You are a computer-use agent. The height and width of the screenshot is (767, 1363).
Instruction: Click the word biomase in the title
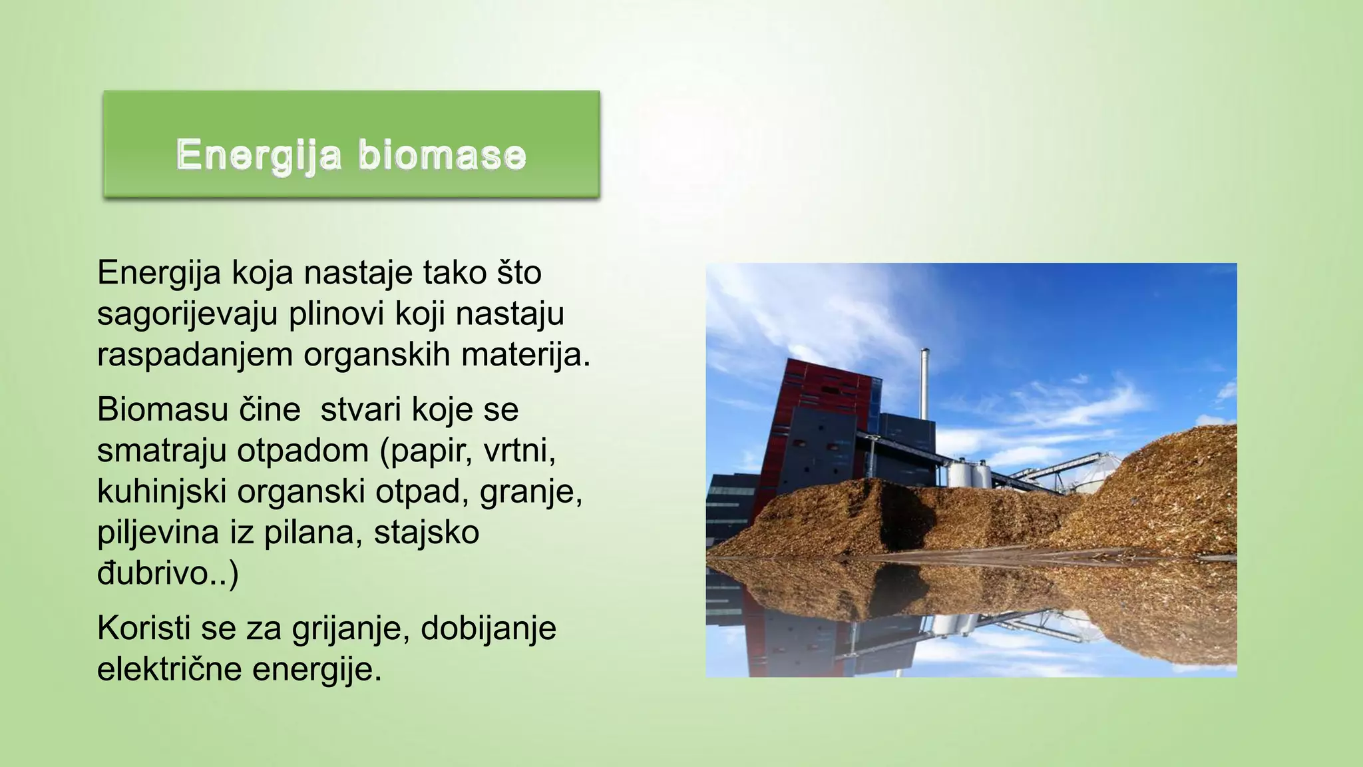point(442,155)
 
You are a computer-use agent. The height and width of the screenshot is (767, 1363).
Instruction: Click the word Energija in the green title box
point(259,155)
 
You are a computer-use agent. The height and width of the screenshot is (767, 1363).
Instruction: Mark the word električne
point(169,669)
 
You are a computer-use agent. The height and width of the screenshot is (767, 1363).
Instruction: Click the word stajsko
point(426,533)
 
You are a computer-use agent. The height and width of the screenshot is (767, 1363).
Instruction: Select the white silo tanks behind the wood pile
point(968,473)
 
